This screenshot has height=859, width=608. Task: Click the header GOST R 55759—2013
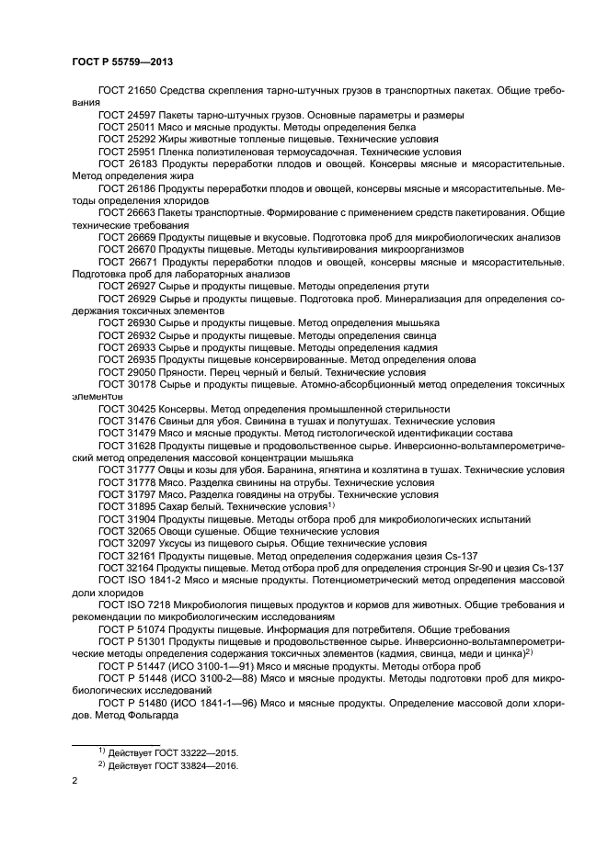[121, 62]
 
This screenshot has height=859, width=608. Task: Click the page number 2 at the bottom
[75, 782]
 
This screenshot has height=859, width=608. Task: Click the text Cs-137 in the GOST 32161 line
[485, 556]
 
